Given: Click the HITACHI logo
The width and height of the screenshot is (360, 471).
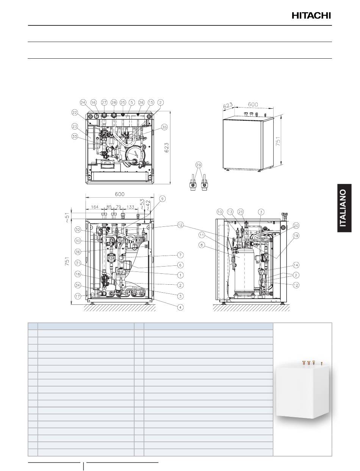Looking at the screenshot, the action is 311,16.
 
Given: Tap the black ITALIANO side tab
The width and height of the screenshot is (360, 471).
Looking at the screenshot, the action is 344,208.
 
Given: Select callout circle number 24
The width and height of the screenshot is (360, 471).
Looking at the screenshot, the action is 83,103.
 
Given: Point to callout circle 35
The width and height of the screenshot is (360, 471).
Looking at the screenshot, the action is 164,127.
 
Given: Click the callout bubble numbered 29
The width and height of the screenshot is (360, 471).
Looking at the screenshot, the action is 199,165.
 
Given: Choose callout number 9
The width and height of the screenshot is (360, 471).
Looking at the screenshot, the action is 162,199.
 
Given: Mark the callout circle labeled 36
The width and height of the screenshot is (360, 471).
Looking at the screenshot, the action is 78,252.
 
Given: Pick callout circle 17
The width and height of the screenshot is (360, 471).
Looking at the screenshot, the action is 78,296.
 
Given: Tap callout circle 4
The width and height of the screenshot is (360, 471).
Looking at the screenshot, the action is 180,307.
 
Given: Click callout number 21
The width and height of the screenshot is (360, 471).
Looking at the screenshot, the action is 240,212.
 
